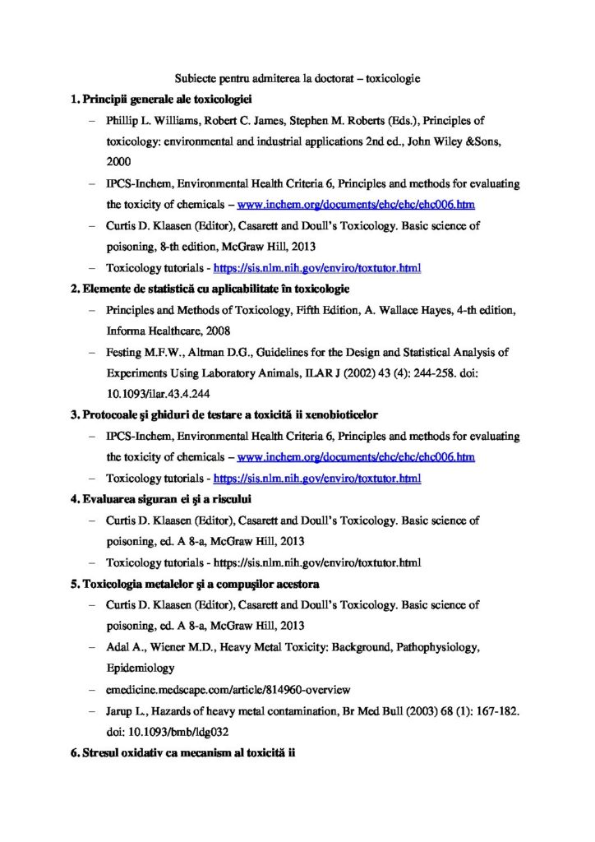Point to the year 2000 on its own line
[118, 163]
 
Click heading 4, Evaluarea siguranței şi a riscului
[166, 499]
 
